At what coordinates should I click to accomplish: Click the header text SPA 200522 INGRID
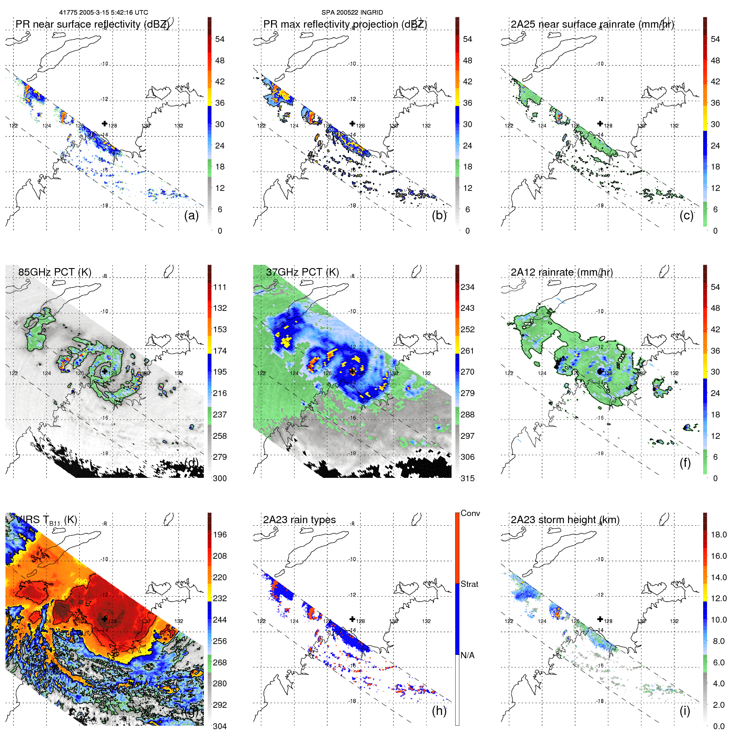tap(352, 13)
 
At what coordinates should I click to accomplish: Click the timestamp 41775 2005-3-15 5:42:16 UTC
tap(104, 13)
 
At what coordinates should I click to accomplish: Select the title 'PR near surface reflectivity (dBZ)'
tap(92, 24)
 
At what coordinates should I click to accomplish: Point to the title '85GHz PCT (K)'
tap(55, 272)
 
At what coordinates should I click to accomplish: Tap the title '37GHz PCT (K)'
tap(302, 272)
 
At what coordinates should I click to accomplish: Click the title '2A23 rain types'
tap(300, 520)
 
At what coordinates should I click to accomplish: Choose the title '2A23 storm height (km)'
tap(565, 520)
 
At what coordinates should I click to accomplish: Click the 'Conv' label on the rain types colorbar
tap(470, 513)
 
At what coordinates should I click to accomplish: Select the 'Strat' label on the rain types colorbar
tap(469, 584)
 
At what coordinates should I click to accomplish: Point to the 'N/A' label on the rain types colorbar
tap(467, 655)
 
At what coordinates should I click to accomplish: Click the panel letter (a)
tap(191, 215)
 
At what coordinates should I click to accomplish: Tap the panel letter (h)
tap(439, 711)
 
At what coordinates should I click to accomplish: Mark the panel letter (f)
tap(685, 463)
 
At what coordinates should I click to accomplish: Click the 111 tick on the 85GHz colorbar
tap(220, 287)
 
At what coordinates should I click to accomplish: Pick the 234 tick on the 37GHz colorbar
tap(467, 287)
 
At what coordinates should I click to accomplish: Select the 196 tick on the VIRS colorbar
tap(220, 534)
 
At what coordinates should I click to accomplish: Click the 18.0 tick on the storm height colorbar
tap(719, 534)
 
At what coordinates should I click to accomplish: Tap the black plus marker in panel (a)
tap(104, 123)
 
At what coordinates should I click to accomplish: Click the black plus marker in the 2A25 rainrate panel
tap(600, 123)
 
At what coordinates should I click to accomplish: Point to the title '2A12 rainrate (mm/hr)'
tap(562, 272)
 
